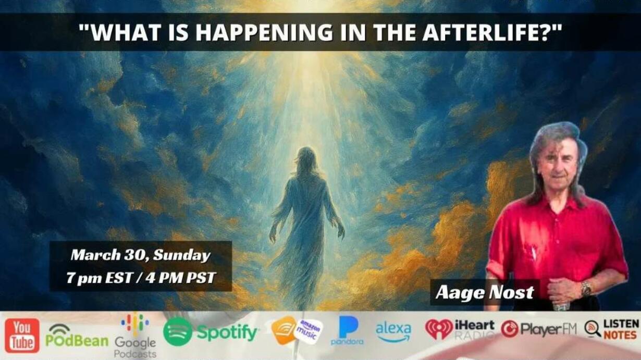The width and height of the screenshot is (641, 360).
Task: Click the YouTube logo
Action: tap(22, 335)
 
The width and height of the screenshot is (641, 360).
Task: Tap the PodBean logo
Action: tap(77, 336)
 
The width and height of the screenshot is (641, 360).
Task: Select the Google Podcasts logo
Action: tap(135, 337)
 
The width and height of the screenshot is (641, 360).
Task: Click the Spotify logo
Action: tap(211, 332)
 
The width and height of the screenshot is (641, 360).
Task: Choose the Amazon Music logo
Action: tap(297, 330)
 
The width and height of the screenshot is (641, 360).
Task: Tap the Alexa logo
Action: tap(393, 332)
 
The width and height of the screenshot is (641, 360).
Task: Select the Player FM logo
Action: tap(538, 329)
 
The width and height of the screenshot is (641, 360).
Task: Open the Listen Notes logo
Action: tap(611, 329)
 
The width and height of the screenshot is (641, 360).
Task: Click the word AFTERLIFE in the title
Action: tap(490, 32)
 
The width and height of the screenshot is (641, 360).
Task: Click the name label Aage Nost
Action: tap(485, 292)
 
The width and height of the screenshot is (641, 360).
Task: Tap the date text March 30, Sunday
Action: tap(141, 255)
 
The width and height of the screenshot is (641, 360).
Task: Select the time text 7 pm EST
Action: tap(100, 278)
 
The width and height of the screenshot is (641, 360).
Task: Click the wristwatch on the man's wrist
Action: tap(586, 289)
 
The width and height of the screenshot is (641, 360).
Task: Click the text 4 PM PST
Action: tap(180, 278)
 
